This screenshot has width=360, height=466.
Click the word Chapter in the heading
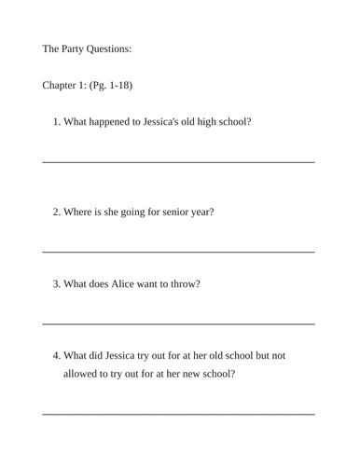[x=62, y=86]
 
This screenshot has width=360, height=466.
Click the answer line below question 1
[x=178, y=162]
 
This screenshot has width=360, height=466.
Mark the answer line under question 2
[x=178, y=252]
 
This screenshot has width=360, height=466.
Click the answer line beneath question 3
[x=178, y=323]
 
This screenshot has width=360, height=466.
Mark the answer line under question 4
[x=178, y=413]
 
